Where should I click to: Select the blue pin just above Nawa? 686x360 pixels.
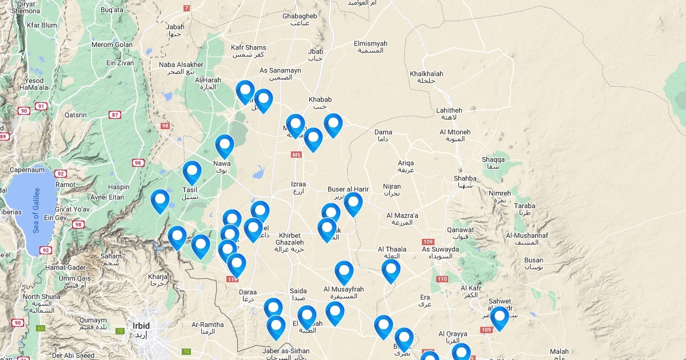click(x=225, y=146)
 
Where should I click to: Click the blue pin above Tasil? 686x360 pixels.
click(x=192, y=172)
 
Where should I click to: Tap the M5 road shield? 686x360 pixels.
click(x=296, y=155)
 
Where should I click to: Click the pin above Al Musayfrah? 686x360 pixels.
click(x=344, y=272)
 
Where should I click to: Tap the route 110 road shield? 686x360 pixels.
click(x=441, y=279)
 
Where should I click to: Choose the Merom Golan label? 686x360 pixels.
click(x=112, y=45)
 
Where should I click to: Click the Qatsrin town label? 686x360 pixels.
click(x=75, y=115)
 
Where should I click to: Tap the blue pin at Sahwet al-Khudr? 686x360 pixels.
click(x=500, y=317)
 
